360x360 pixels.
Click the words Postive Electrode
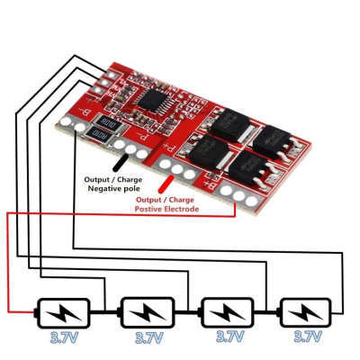[167, 209]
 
